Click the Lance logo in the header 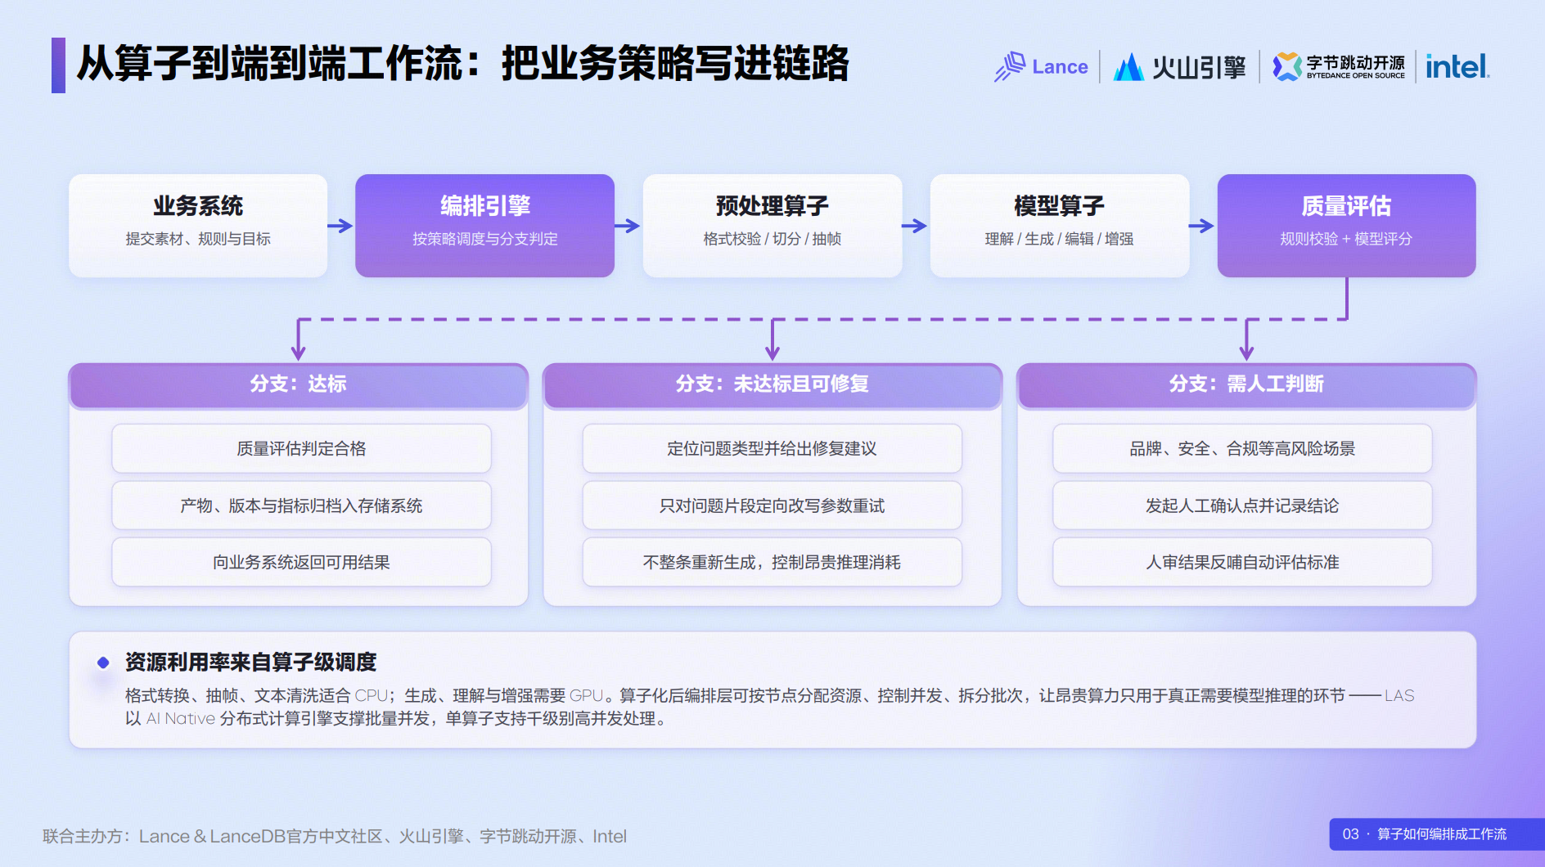[1041, 66]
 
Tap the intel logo [1457, 66]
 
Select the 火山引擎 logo [1179, 67]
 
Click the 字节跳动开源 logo [1339, 66]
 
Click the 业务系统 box [198, 226]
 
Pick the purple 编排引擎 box [484, 226]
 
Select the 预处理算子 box [772, 226]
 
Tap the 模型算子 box [1060, 226]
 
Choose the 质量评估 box [1347, 226]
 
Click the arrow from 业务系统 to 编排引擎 [340, 226]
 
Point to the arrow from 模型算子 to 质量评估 [1202, 226]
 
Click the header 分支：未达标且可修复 [772, 384]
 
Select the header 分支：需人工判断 [1246, 384]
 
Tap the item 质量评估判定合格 [301, 448]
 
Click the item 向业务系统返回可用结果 [301, 562]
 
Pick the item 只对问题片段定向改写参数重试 [772, 505]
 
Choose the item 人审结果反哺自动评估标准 [1242, 562]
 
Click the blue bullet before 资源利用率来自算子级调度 [103, 663]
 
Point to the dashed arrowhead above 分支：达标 [299, 352]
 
